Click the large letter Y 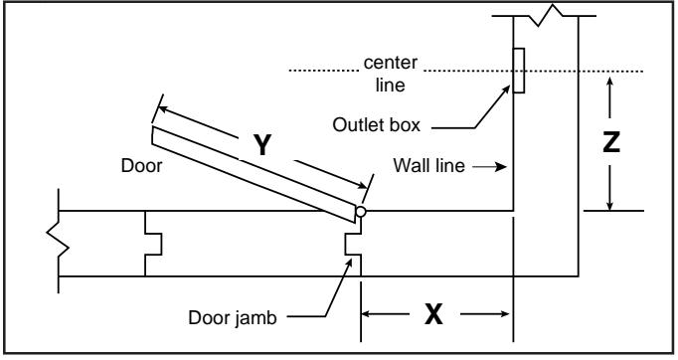(262, 145)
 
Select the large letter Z (611, 142)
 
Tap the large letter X (433, 314)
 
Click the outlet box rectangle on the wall (519, 71)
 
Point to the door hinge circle (360, 212)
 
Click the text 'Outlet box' (376, 125)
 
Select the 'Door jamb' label (233, 318)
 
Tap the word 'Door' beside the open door (141, 166)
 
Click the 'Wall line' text (428, 165)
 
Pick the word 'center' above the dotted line (391, 63)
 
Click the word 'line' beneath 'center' (390, 85)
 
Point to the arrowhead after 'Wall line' (502, 166)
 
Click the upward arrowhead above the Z (609, 83)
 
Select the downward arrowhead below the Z (609, 205)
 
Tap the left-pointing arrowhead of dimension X (367, 313)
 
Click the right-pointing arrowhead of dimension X (504, 313)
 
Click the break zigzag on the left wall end (58, 241)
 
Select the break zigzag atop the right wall (545, 16)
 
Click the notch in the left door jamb (153, 245)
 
